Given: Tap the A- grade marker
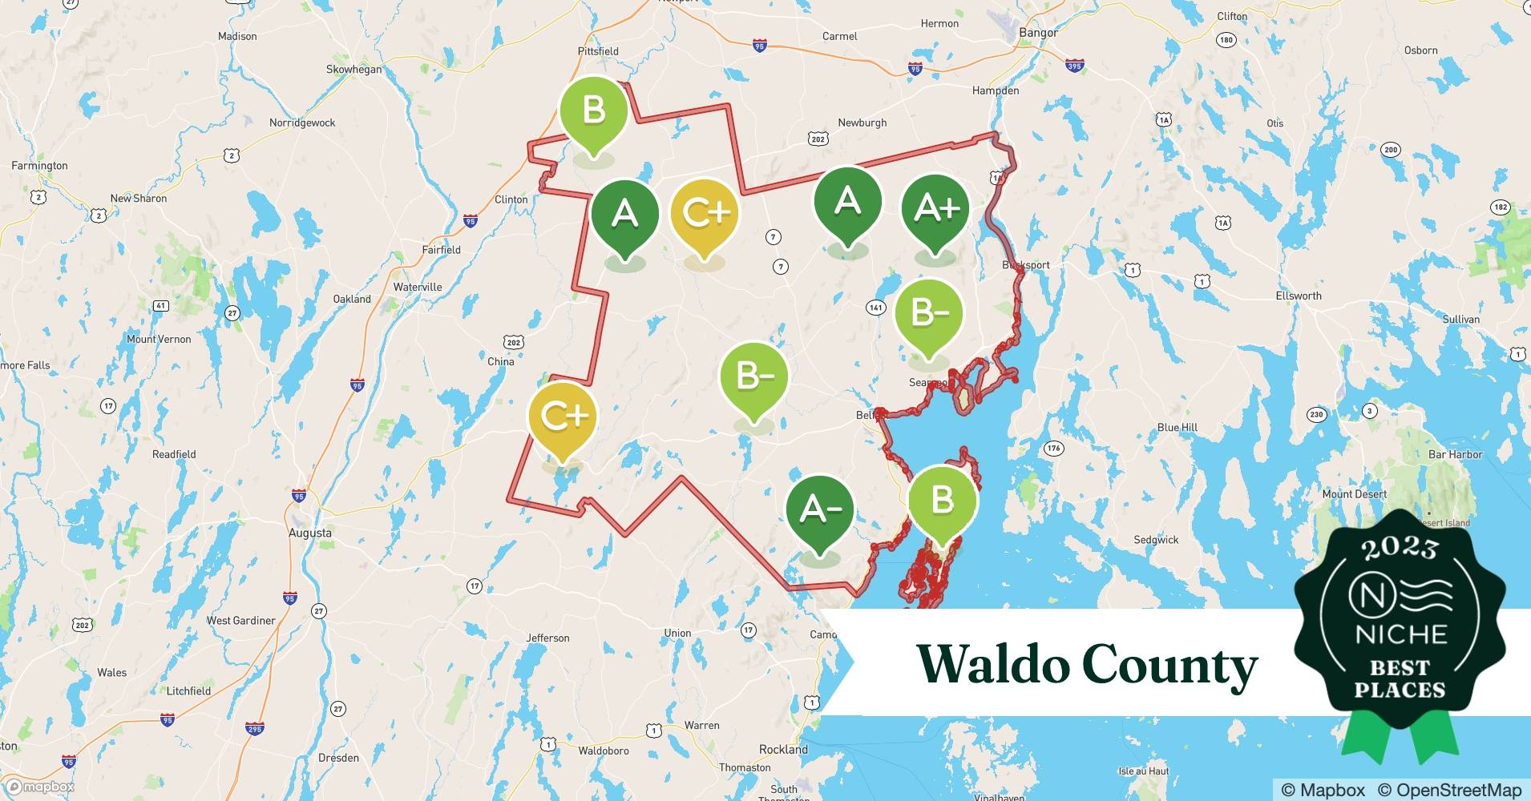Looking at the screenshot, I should (x=819, y=509).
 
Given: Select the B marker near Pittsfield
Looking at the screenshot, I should (x=593, y=111).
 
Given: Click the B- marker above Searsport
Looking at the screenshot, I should (x=928, y=313).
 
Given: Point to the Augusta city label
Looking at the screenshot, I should (x=309, y=533).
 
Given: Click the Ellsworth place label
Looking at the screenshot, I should (x=1298, y=296).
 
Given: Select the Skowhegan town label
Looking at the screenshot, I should (x=353, y=70).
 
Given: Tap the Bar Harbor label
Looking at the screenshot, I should (x=1455, y=454).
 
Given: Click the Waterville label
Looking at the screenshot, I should (x=418, y=287).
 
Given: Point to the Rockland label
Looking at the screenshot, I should (x=783, y=750).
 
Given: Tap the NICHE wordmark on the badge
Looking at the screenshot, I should (x=1400, y=635).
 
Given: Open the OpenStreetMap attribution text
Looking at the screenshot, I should (x=1448, y=790).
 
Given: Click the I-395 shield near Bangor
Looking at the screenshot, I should (x=1075, y=66).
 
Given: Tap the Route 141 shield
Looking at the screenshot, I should (x=875, y=308).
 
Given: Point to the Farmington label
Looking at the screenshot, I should (x=39, y=166).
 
